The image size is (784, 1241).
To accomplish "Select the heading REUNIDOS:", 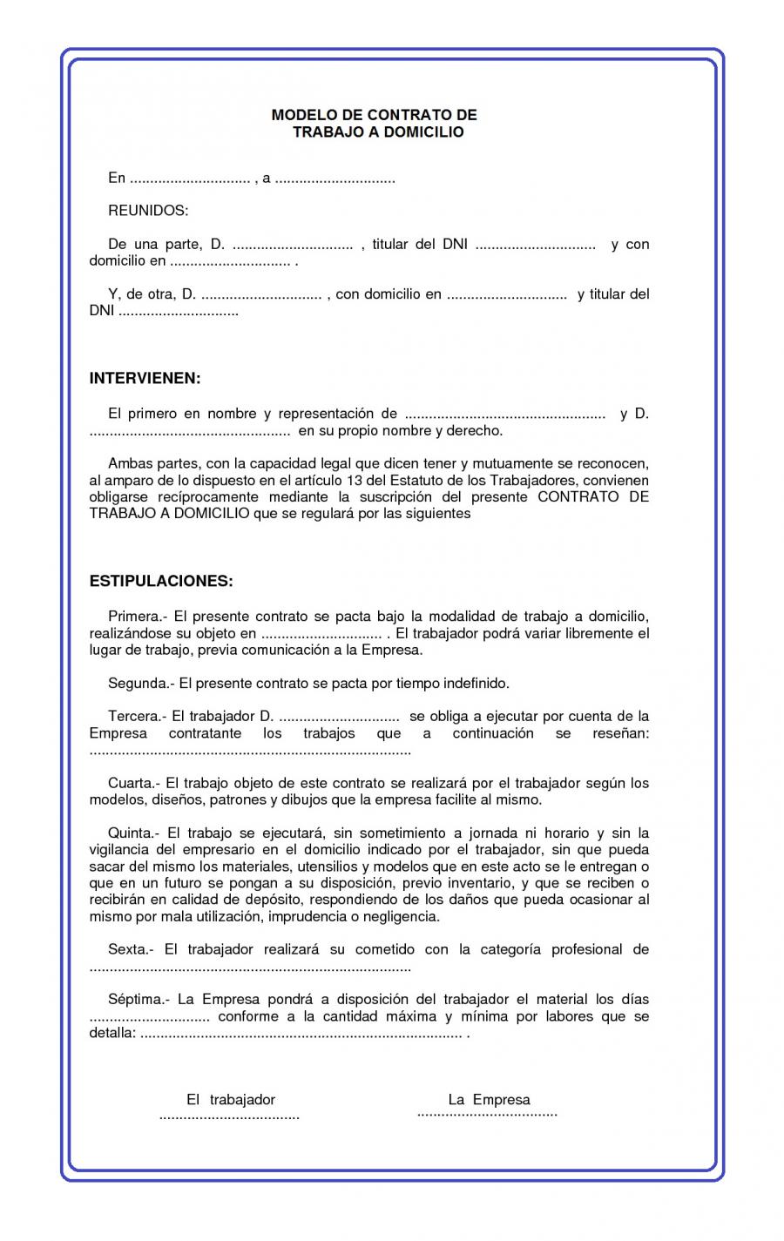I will pos(147,211).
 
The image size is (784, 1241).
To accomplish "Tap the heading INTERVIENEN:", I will pos(145,379).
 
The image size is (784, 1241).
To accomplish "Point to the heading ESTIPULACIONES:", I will pos(161,581).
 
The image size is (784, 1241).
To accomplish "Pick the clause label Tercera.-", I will pos(136,717).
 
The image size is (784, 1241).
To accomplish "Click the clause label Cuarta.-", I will pos(133,784).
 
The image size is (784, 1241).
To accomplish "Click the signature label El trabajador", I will pos(231,1100).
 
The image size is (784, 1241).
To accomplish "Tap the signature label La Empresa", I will pos(489,1100).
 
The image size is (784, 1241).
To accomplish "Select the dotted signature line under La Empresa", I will pos(487,1114).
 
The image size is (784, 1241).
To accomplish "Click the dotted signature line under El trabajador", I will pos(229,1116).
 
